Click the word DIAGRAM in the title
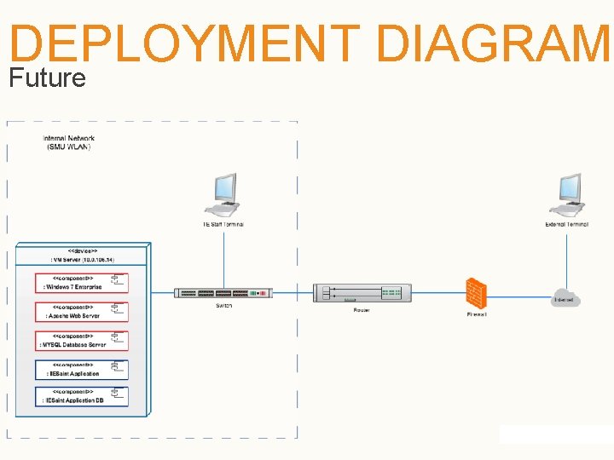tap(493, 44)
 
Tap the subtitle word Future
tap(47, 78)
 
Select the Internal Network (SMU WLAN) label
tap(68, 142)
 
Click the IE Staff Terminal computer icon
tap(224, 193)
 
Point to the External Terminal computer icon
tap(567, 193)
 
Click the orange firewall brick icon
tap(476, 293)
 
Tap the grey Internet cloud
tap(565, 298)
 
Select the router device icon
tap(361, 293)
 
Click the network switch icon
tap(223, 293)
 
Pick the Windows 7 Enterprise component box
tap(82, 284)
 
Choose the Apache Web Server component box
tap(82, 312)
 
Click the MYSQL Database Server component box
tap(82, 341)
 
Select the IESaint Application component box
tap(82, 370)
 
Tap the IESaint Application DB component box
tap(82, 397)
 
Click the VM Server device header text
tap(82, 256)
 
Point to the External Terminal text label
tap(567, 225)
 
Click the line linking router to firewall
tap(437, 294)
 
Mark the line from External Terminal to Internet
tap(567, 260)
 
